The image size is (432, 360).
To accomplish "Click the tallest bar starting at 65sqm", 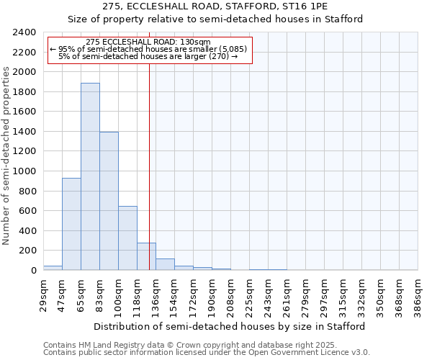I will click(90, 176).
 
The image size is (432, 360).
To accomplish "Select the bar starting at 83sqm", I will click(109, 201).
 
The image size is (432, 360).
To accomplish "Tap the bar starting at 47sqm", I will click(71, 224).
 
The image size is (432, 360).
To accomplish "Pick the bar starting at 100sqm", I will click(127, 238).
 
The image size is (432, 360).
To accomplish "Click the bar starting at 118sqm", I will click(146, 256).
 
